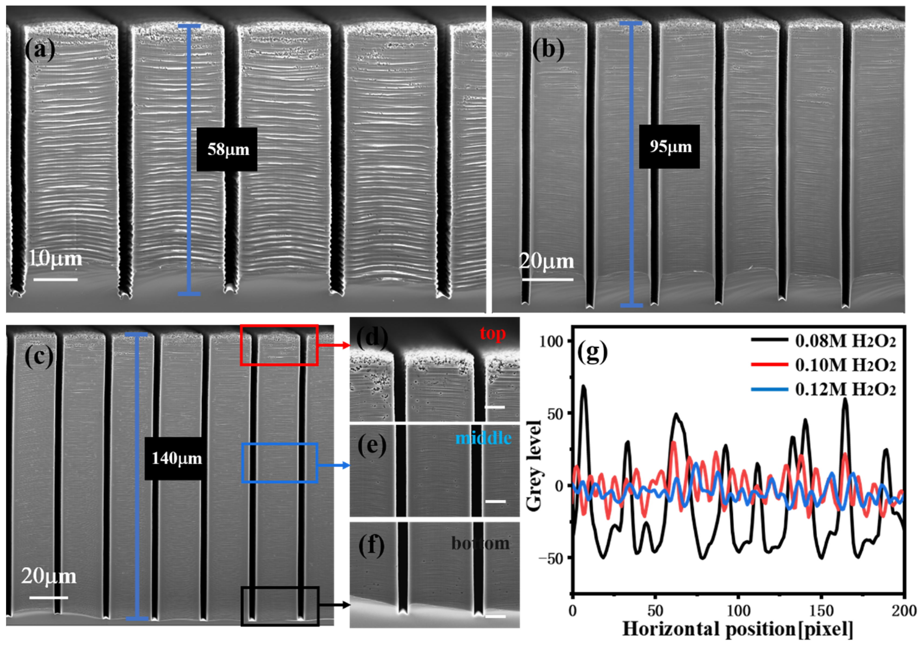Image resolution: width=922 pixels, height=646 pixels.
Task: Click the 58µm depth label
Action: coord(227,150)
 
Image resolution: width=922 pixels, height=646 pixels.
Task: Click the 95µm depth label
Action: coord(670,147)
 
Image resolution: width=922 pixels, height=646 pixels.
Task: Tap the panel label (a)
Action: coord(40,51)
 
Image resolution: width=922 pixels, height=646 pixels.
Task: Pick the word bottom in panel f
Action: coord(480,543)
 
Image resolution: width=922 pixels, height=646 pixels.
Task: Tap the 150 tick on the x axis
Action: coord(821,611)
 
